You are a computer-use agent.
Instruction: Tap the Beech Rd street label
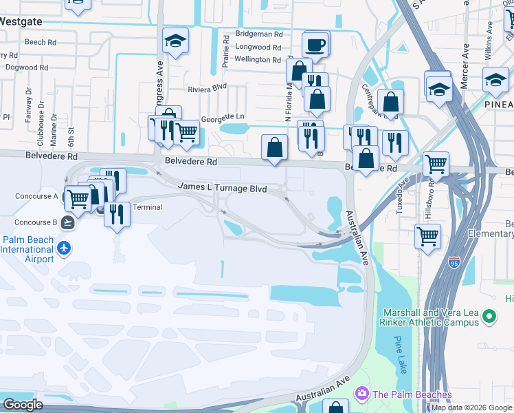pyautogui.click(x=40, y=42)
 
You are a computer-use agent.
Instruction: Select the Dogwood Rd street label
pyautogui.click(x=26, y=68)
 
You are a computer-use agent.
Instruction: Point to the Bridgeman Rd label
pyautogui.click(x=258, y=34)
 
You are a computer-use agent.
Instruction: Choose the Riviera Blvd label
pyautogui.click(x=208, y=88)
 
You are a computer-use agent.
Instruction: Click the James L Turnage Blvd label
pyautogui.click(x=222, y=187)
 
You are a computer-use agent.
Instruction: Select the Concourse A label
pyautogui.click(x=36, y=196)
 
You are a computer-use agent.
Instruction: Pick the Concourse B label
pyautogui.click(x=35, y=222)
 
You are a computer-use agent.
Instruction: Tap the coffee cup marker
pyautogui.click(x=315, y=45)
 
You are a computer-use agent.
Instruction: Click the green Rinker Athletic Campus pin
pyautogui.click(x=489, y=317)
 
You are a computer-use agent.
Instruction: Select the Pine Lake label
pyautogui.click(x=401, y=355)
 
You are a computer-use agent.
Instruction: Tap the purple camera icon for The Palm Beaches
pyautogui.click(x=361, y=394)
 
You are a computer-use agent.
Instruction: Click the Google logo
pyautogui.click(x=23, y=404)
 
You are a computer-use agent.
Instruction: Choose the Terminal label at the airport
pyautogui.click(x=146, y=207)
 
